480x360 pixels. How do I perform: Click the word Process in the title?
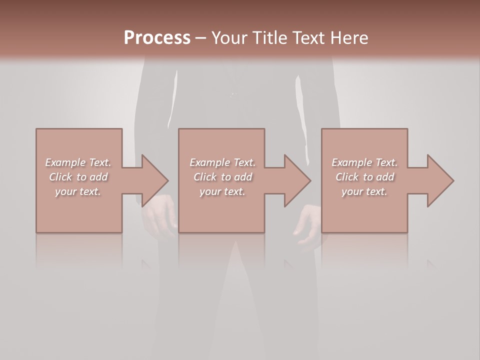click(157, 38)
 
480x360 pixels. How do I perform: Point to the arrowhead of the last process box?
click(439, 180)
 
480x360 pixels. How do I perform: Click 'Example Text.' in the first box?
click(78, 162)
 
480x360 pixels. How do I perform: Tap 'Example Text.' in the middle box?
click(222, 162)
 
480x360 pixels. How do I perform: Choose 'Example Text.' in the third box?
click(364, 162)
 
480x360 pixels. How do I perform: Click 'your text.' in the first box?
click(78, 191)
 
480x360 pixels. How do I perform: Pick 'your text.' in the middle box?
click(222, 191)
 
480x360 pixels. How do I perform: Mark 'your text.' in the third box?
click(364, 191)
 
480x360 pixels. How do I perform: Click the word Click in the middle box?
click(205, 177)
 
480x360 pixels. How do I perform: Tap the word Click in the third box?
click(347, 177)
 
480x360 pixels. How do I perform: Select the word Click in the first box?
click(60, 177)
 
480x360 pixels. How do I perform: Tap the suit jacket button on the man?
click(232, 93)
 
